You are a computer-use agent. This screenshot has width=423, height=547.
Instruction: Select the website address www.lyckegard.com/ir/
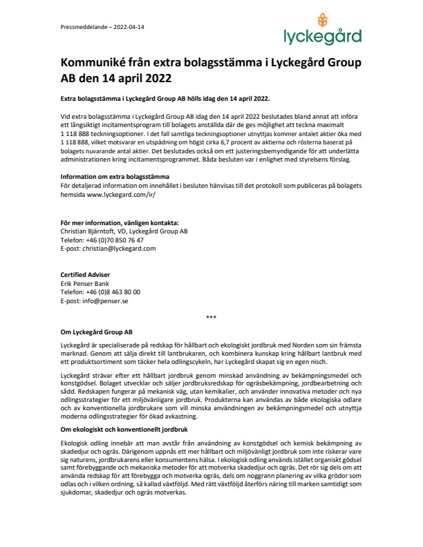pyautogui.click(x=117, y=195)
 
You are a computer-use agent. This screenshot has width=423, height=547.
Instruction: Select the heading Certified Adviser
pyautogui.click(x=85, y=276)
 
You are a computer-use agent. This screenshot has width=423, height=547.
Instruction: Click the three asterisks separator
pyautogui.click(x=211, y=317)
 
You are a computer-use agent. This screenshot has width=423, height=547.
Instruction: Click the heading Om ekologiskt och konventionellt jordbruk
pyautogui.click(x=118, y=412)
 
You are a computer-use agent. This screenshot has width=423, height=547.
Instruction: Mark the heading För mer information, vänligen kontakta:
pyautogui.click(x=120, y=223)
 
